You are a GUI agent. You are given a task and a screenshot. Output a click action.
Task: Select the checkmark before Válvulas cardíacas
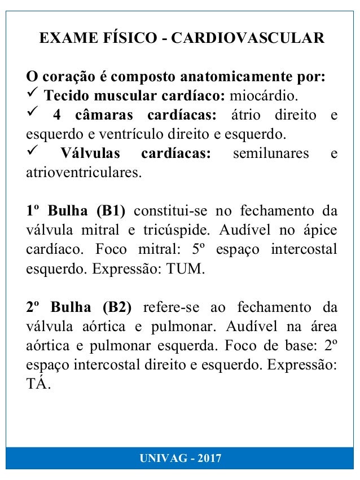33,153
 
